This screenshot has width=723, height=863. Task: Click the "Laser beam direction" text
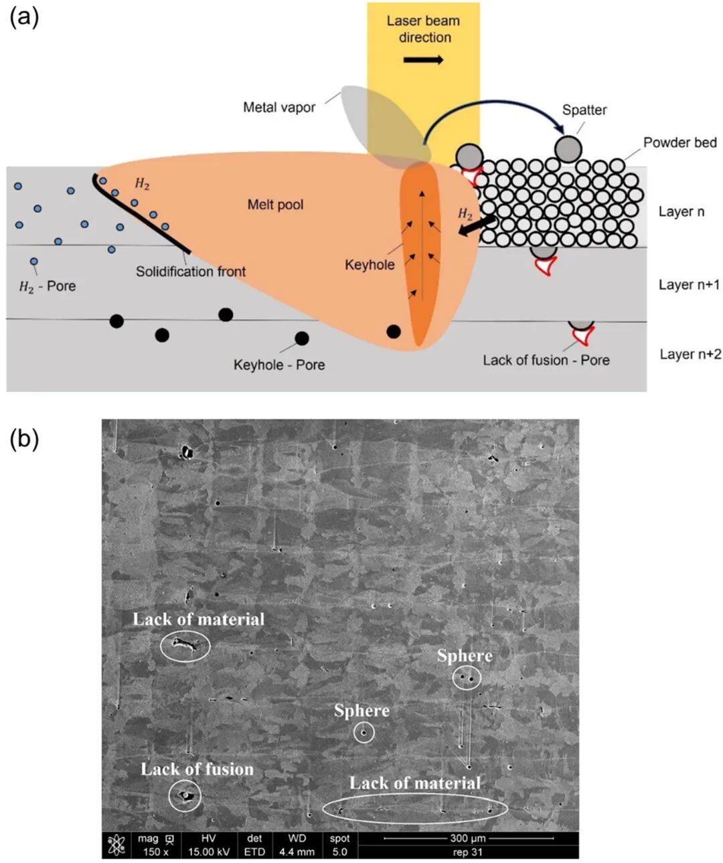pos(423,29)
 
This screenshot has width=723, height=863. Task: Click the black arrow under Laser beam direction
pos(423,60)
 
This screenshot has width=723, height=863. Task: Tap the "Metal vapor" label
pos(279,107)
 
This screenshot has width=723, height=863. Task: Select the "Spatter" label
pos(584,110)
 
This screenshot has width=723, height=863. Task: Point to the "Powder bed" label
pos(679,142)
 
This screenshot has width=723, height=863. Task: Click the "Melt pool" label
pos(275,205)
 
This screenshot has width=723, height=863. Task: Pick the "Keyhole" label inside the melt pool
pos(370,265)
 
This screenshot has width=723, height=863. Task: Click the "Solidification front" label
pos(191,272)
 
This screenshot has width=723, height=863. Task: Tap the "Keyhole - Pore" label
pos(279,365)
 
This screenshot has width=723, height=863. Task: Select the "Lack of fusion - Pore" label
pos(546,360)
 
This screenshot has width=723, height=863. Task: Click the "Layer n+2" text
pos(690,354)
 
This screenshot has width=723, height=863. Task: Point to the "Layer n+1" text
pos(689,284)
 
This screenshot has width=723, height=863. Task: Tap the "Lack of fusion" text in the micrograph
pos(197,769)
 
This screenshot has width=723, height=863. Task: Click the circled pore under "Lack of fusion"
pos(185,796)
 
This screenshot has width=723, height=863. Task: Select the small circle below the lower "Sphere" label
pos(364,733)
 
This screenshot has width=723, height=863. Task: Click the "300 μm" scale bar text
pos(468,838)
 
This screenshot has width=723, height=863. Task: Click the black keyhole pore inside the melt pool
pos(394,331)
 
